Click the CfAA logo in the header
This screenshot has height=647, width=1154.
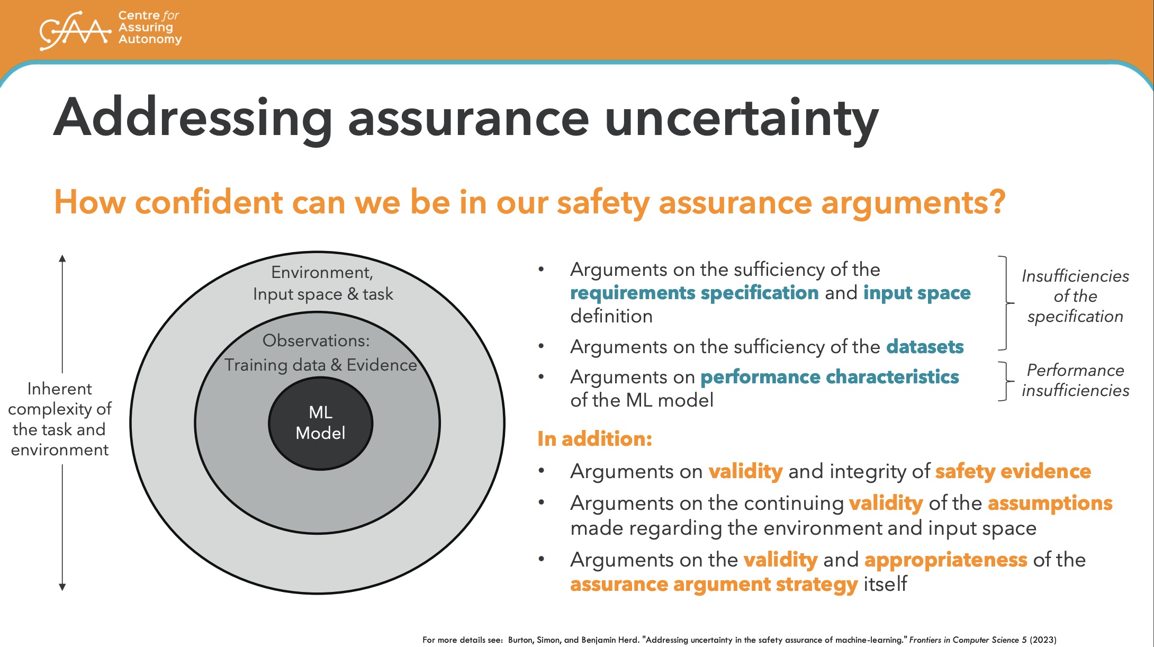coord(111,30)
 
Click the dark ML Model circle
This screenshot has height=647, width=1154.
coord(321,423)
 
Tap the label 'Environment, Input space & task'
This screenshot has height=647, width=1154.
coord(323,283)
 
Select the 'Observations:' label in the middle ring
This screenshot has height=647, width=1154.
coord(316,340)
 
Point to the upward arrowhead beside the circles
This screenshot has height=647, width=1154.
coord(62,258)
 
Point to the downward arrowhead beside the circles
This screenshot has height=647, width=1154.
coord(62,587)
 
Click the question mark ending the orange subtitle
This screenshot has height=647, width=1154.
coord(997,202)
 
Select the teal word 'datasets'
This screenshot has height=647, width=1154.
coord(925,347)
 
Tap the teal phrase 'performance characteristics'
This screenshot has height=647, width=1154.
coord(830,377)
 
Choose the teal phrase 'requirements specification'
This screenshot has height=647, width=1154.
coord(695,293)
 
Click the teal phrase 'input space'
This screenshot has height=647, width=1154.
coord(917,293)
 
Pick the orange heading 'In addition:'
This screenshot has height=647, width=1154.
coord(594,439)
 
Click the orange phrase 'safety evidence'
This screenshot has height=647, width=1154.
coord(1013,471)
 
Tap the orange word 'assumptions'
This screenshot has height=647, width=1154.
coord(1050,503)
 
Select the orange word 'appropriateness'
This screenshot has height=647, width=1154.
coord(946,560)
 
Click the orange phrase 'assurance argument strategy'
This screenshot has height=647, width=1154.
coord(714,585)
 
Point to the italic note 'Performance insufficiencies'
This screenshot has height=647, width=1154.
coord(1075,380)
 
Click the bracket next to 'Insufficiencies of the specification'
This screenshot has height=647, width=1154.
coord(1006,303)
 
